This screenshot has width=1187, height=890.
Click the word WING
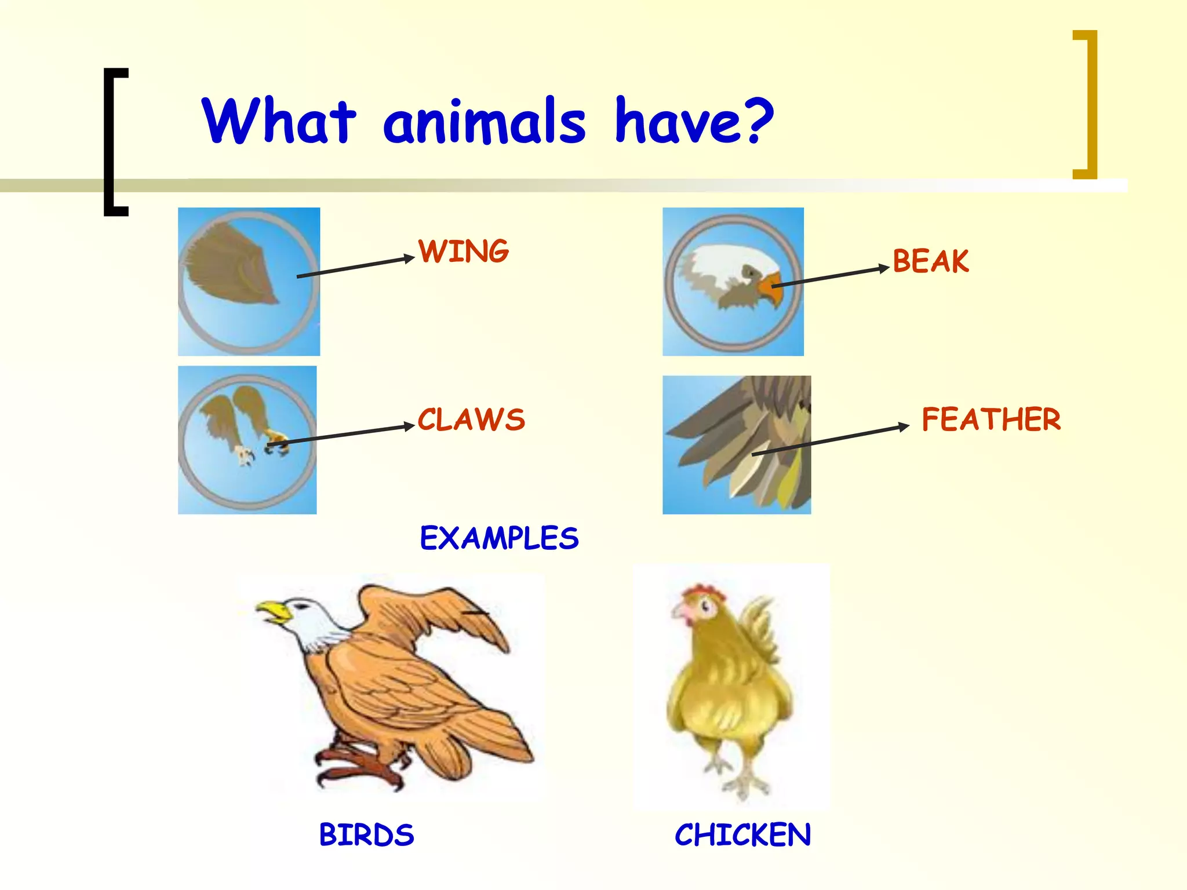pyautogui.click(x=464, y=251)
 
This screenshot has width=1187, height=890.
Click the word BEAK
pyautogui.click(x=930, y=261)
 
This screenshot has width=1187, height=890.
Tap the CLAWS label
pyautogui.click(x=471, y=420)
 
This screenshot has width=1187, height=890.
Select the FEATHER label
pyautogui.click(x=991, y=420)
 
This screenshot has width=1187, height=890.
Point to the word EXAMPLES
pyautogui.click(x=499, y=538)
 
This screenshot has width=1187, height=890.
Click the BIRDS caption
pyautogui.click(x=366, y=835)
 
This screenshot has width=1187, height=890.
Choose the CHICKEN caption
pyautogui.click(x=742, y=835)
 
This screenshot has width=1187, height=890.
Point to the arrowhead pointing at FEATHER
pyautogui.click(x=904, y=427)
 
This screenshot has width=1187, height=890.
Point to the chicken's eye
pyautogui.click(x=705, y=607)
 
